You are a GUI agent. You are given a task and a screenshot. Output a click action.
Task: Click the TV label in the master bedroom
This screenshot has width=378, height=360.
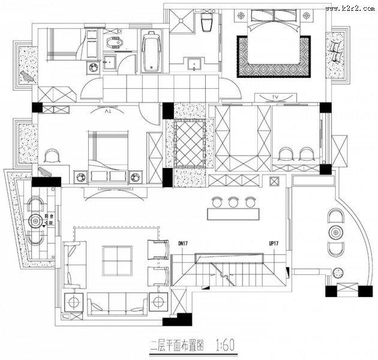pos(275,96)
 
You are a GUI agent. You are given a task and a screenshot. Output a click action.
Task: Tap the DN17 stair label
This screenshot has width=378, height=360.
pos(184,244)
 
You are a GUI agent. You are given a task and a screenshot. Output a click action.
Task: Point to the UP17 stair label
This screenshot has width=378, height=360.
pos(275,244)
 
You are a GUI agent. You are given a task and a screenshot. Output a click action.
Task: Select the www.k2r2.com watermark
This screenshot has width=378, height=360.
pos(351,7)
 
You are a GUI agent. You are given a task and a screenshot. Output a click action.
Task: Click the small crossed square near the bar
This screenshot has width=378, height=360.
pos(275,182)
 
